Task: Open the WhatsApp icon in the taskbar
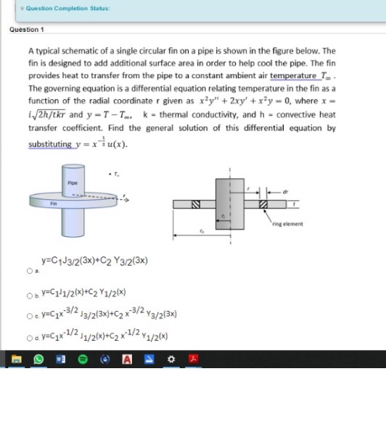click(x=41, y=359)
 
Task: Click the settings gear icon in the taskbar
click(x=171, y=359)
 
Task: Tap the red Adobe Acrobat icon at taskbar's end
click(x=193, y=359)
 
